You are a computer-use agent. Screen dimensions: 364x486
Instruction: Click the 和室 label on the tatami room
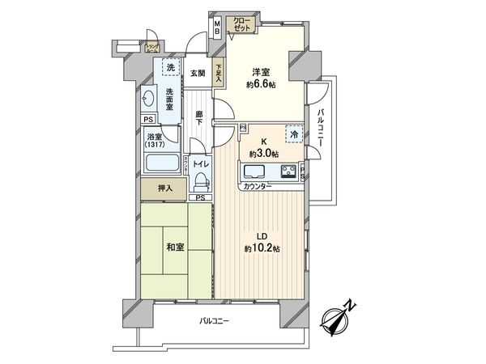coord(174,248)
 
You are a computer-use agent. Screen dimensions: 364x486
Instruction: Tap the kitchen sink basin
coord(254,171)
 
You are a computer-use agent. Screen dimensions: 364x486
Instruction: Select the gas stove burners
coord(288,171)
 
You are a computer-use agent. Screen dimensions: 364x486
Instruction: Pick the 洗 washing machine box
coord(169,67)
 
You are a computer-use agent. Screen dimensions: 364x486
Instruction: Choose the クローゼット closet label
coord(241,23)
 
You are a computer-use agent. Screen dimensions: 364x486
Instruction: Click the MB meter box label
coord(217,28)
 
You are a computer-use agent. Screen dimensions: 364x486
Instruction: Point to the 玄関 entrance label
coord(198,73)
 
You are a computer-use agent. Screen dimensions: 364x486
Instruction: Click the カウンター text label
coord(257,187)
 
